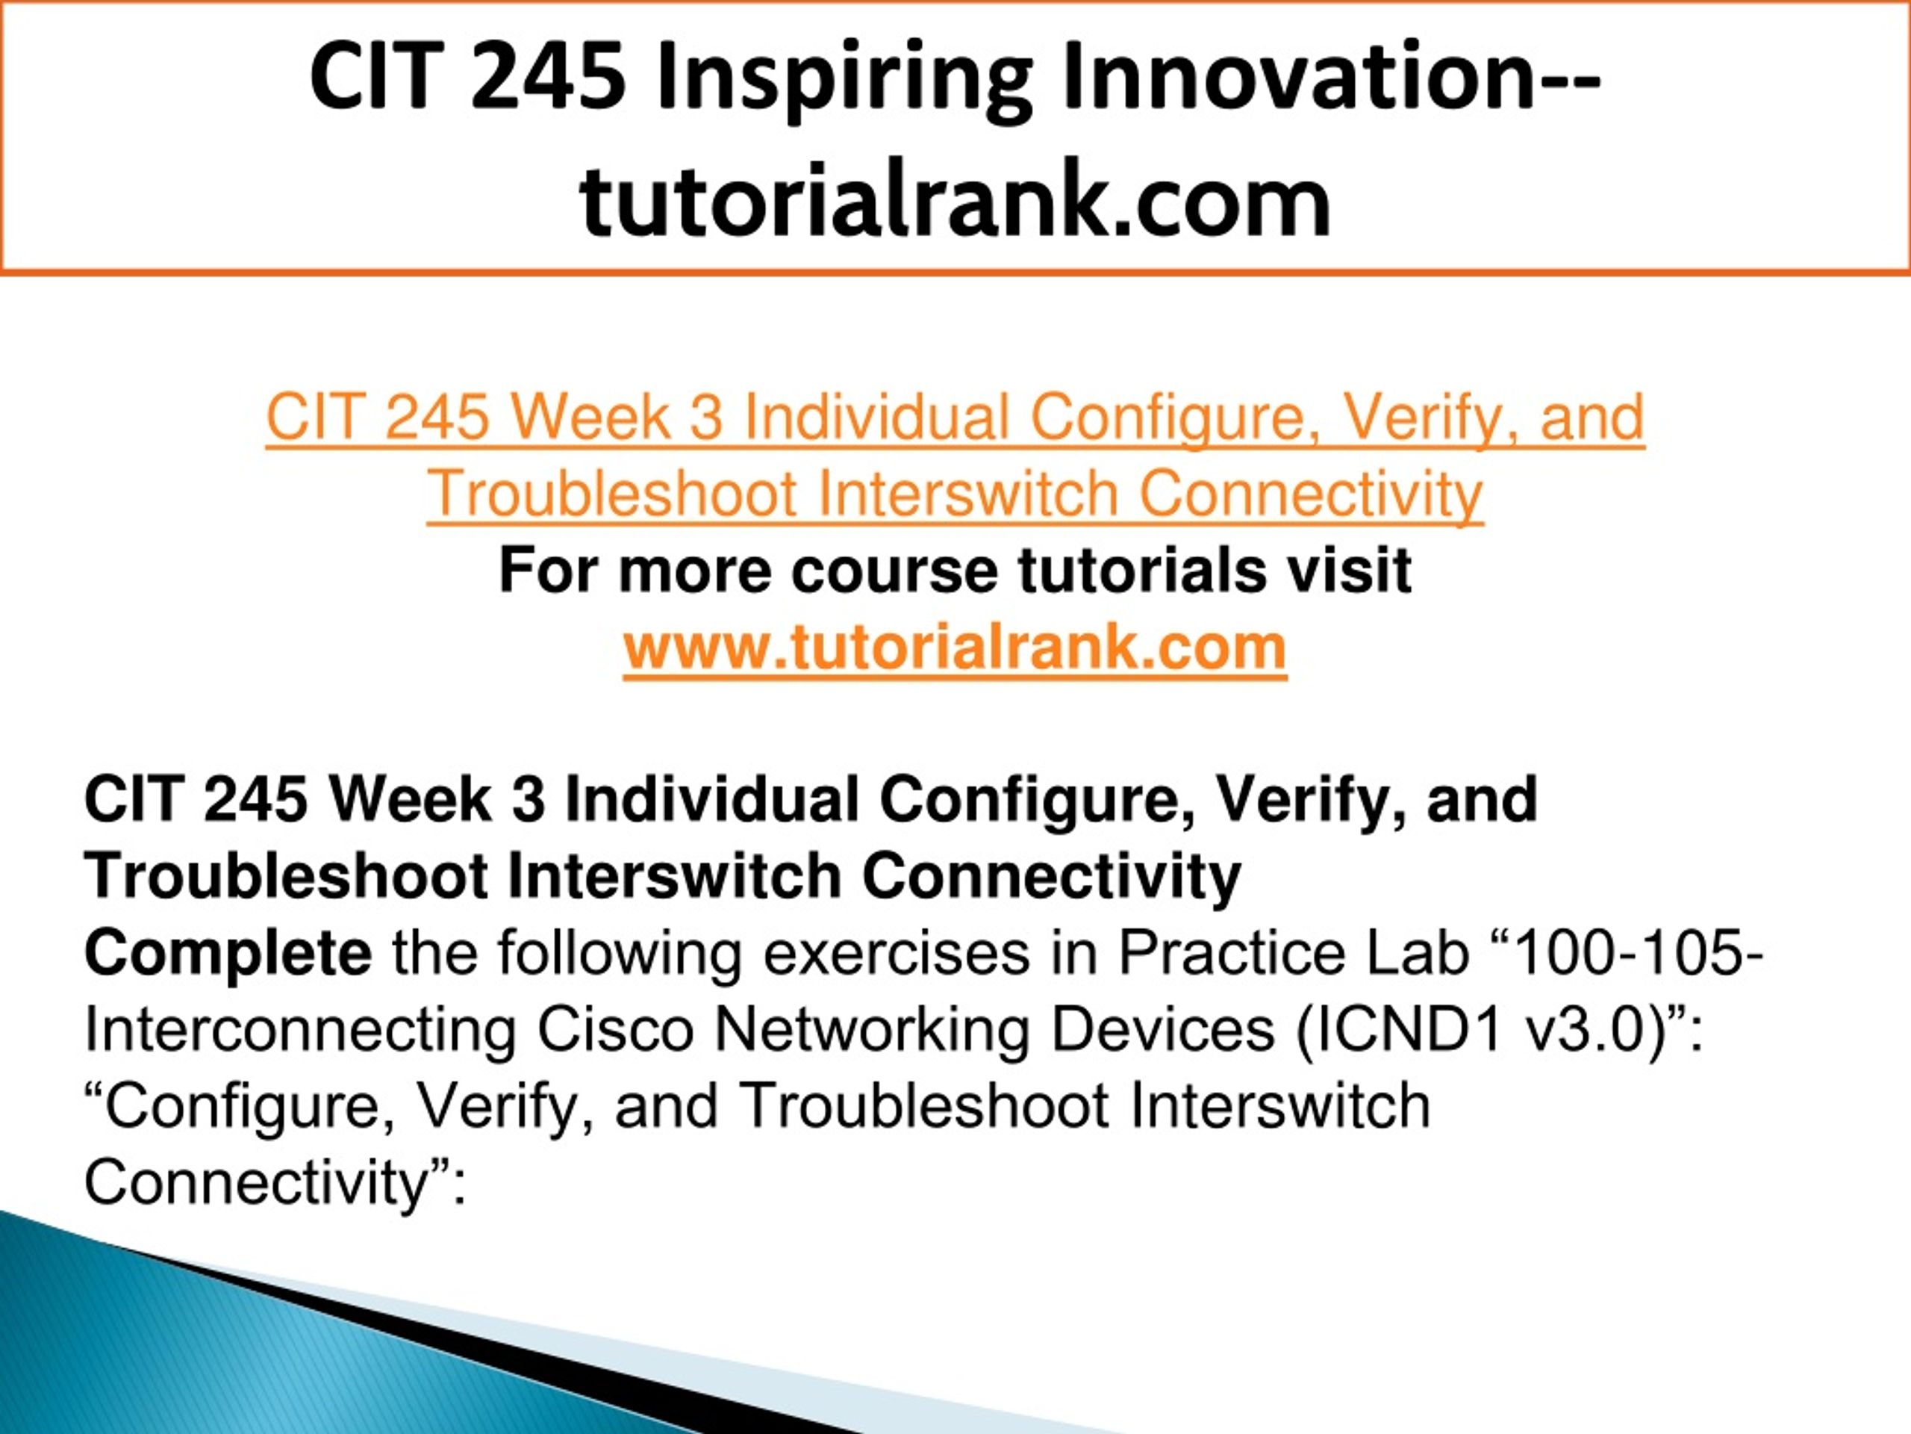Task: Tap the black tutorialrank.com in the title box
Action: (x=955, y=199)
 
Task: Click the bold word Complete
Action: (x=228, y=955)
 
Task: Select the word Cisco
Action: (x=616, y=1031)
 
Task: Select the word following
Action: (x=619, y=956)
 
